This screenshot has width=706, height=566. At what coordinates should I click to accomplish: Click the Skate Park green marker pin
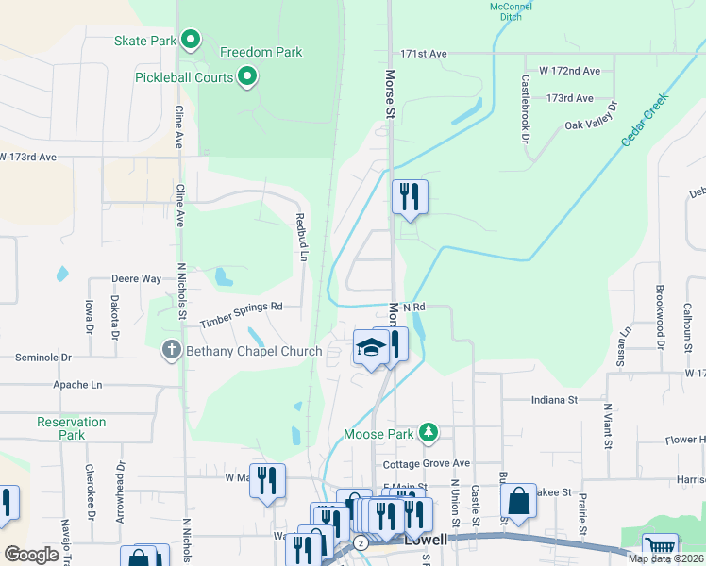click(x=191, y=40)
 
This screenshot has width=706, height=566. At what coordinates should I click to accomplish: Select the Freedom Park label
click(x=261, y=52)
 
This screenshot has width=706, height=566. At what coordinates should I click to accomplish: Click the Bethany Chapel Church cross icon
click(x=171, y=351)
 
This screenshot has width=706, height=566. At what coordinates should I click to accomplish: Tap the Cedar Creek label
click(x=645, y=118)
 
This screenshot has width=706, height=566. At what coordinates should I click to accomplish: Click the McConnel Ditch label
click(x=512, y=11)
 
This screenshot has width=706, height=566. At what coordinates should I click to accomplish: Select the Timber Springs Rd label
click(x=242, y=314)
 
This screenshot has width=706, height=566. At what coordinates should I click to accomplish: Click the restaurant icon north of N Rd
click(x=410, y=196)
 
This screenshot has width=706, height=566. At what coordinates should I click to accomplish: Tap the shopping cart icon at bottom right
click(x=660, y=548)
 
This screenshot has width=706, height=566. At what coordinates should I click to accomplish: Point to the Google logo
click(x=31, y=555)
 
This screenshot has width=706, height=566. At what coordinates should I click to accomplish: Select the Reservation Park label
click(x=72, y=428)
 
